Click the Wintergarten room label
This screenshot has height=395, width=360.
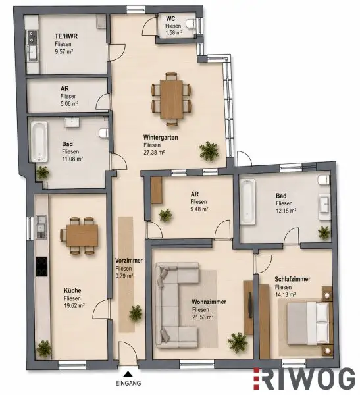161,138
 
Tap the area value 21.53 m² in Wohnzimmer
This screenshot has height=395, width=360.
203,317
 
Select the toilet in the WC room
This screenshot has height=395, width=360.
191,24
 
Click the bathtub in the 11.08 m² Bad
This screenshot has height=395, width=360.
39,142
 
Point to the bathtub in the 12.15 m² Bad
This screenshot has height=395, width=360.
247,201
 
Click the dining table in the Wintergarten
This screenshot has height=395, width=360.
171,99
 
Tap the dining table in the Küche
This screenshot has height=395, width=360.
82,236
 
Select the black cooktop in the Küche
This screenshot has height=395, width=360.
41,267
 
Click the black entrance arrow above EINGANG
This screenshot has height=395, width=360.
128,373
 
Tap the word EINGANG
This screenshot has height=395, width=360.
128,383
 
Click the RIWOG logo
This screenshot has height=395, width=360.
304,380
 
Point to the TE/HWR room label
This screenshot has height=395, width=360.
66,36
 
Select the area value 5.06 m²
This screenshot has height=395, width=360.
69,103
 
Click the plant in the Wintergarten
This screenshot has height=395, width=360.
209,150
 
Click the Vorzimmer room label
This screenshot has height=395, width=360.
129,261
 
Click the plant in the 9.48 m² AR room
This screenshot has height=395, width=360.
165,215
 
